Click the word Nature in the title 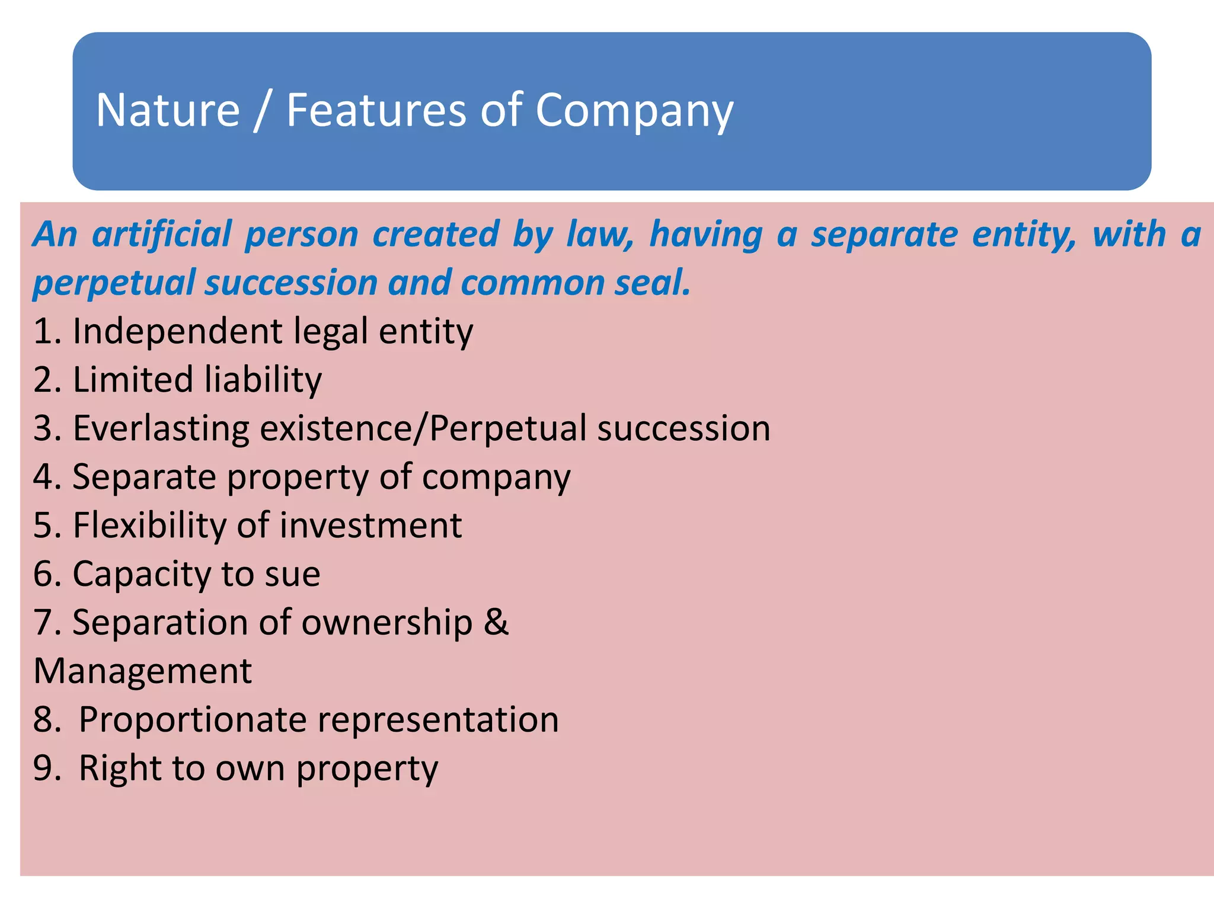[168, 111]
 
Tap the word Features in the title [376, 111]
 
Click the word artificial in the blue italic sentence [161, 235]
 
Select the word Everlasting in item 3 [161, 429]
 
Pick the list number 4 [44, 478]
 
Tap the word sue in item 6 [292, 575]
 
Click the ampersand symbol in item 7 [496, 623]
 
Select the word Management [143, 672]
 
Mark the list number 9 [44, 769]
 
